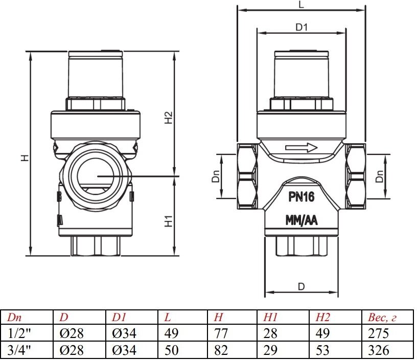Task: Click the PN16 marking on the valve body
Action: click(300, 197)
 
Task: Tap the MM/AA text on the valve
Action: click(300, 221)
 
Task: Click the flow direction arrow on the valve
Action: click(302, 148)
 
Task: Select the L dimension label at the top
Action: click(301, 5)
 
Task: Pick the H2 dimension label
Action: click(168, 118)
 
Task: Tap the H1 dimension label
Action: click(168, 221)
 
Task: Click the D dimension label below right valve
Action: click(301, 286)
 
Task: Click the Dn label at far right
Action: click(379, 176)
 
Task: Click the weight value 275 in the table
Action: click(379, 333)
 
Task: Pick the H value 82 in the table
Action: click(222, 350)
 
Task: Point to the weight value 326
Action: click(379, 350)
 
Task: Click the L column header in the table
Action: click(168, 318)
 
